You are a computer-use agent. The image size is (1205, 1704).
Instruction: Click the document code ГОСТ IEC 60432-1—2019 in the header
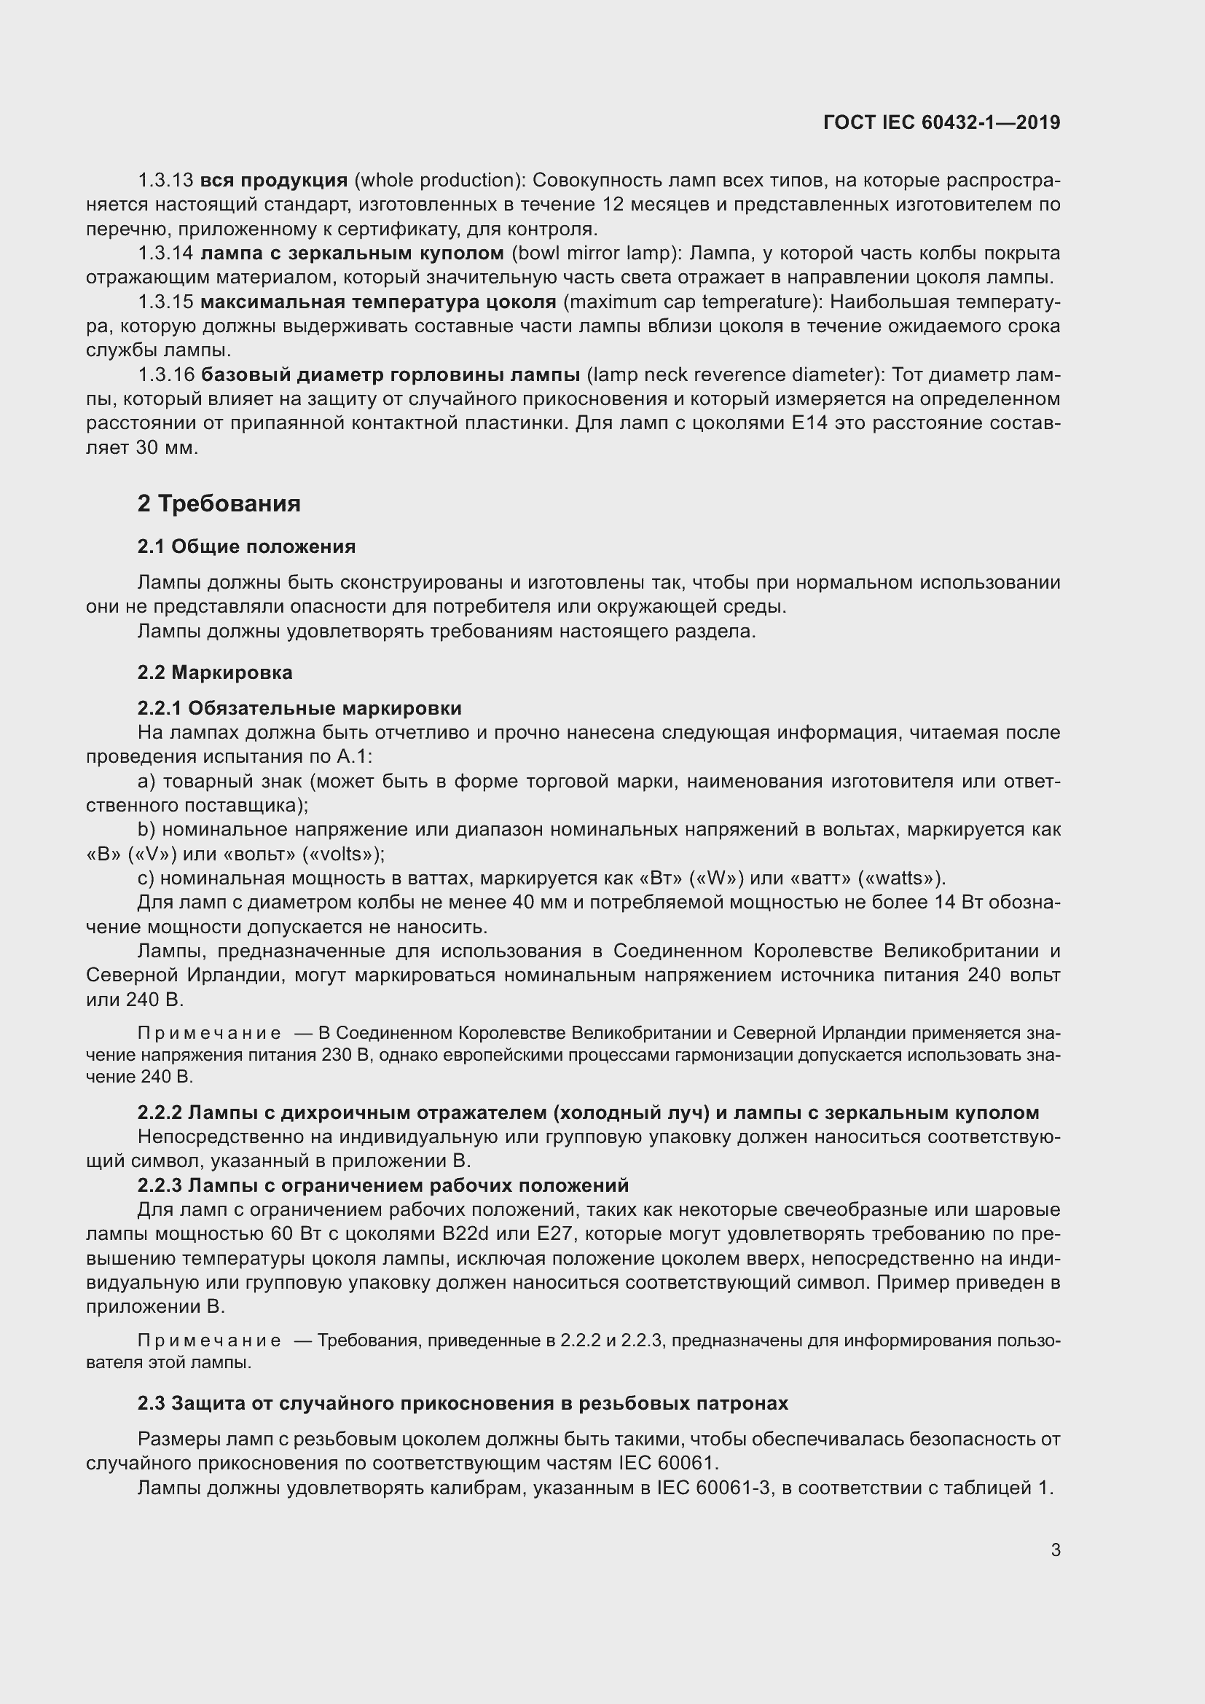941,122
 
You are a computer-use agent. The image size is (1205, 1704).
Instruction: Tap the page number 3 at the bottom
1055,1550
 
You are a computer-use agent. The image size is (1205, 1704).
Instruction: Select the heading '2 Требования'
219,504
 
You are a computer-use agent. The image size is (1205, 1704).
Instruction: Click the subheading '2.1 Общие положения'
246,547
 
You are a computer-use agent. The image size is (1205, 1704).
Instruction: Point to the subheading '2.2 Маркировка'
214,672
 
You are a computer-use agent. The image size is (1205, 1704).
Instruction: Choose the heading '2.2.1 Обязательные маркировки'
299,708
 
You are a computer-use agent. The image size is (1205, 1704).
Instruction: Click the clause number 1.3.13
165,181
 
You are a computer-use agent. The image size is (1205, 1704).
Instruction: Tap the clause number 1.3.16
165,374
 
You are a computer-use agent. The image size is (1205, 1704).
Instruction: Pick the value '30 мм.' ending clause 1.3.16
167,448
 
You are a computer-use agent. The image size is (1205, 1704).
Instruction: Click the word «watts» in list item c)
900,879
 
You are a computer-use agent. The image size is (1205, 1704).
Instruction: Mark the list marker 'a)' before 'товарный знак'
146,782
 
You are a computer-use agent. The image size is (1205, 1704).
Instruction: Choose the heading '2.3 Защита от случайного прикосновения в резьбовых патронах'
463,1403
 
